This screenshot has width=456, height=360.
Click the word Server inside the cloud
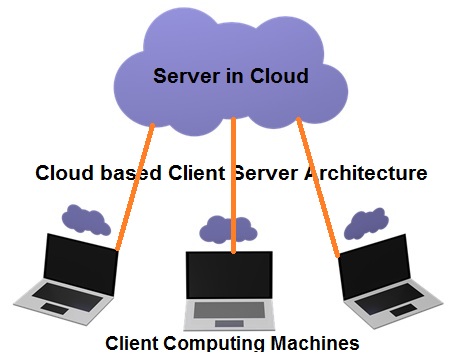click(x=188, y=76)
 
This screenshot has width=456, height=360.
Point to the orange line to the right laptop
click(x=318, y=190)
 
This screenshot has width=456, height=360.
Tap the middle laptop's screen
click(x=229, y=275)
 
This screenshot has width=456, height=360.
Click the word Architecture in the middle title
click(x=357, y=173)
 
